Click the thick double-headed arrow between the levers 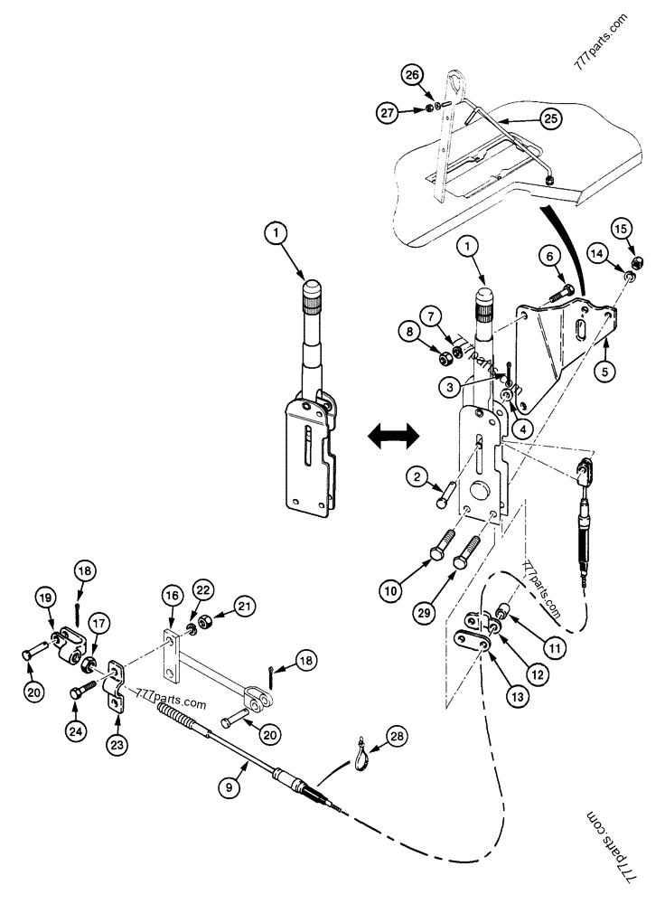[394, 437]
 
